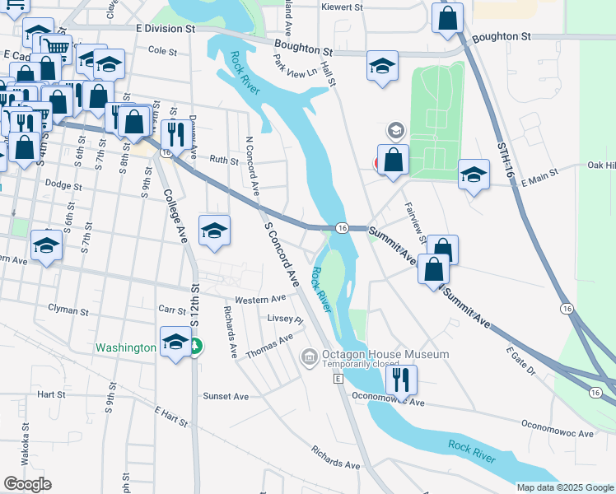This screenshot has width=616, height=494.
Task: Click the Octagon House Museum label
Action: pyautogui.click(x=385, y=354)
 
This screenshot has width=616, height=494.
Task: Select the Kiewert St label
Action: pyautogui.click(x=343, y=7)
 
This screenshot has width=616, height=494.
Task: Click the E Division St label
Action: pyautogui.click(x=166, y=28)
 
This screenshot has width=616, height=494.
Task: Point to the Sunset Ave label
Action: pyautogui.click(x=225, y=396)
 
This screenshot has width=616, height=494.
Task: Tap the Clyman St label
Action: pyautogui.click(x=68, y=311)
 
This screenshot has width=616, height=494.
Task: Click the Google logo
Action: pyautogui.click(x=27, y=484)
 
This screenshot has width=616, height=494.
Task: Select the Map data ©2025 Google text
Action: pyautogui.click(x=564, y=487)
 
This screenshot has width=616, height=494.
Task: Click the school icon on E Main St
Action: pyautogui.click(x=474, y=175)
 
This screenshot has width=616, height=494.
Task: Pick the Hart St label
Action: pyautogui.click(x=51, y=395)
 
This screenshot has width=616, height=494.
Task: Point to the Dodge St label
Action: pyautogui.click(x=63, y=185)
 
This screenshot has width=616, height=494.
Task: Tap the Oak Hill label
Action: pyautogui.click(x=601, y=165)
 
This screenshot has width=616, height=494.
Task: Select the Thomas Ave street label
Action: pyautogui.click(x=269, y=345)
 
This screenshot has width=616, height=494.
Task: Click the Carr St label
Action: pyautogui.click(x=171, y=309)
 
